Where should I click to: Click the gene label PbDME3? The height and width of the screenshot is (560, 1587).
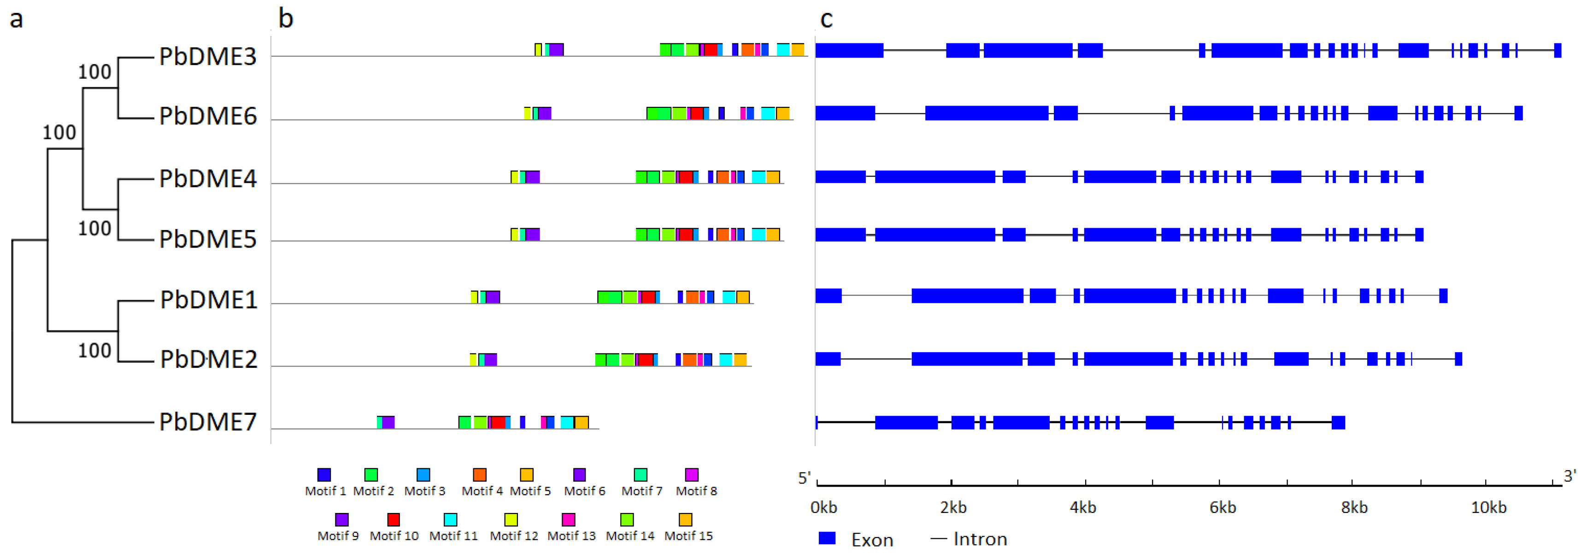pyautogui.click(x=208, y=57)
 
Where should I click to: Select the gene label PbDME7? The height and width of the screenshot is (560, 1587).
pyautogui.click(x=208, y=422)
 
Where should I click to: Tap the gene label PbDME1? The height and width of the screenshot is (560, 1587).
pyautogui.click(x=208, y=300)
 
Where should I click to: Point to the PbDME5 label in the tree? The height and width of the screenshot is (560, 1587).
pyautogui.click(x=208, y=239)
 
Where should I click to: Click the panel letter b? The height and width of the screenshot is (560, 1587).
pyautogui.click(x=285, y=18)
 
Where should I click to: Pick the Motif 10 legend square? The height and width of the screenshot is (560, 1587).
pyautogui.click(x=393, y=519)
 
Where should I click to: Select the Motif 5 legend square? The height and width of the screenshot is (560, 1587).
pyautogui.click(x=526, y=474)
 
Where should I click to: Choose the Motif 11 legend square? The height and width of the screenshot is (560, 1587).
pyautogui.click(x=450, y=519)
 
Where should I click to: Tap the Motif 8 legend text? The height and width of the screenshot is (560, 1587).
pyautogui.click(x=696, y=491)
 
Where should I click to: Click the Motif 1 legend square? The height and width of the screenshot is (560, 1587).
pyautogui.click(x=324, y=474)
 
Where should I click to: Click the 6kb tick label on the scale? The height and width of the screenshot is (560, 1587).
pyautogui.click(x=1223, y=507)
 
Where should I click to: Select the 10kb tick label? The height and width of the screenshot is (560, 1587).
pyautogui.click(x=1488, y=507)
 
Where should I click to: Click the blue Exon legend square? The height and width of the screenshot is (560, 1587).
pyautogui.click(x=827, y=538)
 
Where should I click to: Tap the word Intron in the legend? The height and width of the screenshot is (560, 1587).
pyautogui.click(x=980, y=539)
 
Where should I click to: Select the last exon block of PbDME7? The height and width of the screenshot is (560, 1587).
pyautogui.click(x=1338, y=423)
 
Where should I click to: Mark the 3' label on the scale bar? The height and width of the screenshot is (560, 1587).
pyautogui.click(x=1570, y=476)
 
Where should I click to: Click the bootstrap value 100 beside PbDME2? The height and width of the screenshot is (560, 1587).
pyautogui.click(x=94, y=351)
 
